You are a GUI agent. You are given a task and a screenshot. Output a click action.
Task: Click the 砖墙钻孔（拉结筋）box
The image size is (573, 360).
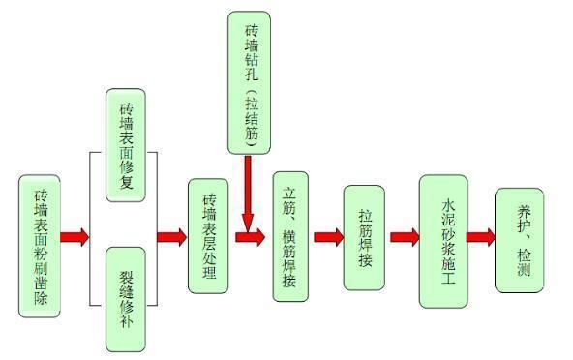[249, 82]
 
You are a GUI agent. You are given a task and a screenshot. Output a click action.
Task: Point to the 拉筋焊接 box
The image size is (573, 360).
[365, 236]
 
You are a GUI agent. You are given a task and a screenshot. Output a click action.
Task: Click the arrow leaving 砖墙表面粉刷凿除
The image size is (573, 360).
[74, 236]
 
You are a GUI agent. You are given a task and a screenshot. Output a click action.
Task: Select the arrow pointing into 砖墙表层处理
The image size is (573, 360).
[171, 236]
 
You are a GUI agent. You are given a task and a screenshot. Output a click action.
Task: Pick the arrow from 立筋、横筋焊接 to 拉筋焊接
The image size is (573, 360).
[328, 236]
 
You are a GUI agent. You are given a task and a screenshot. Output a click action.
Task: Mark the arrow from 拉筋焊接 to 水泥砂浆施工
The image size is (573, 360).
[405, 236]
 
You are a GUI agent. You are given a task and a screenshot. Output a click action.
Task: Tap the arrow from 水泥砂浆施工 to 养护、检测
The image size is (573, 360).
[480, 236]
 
